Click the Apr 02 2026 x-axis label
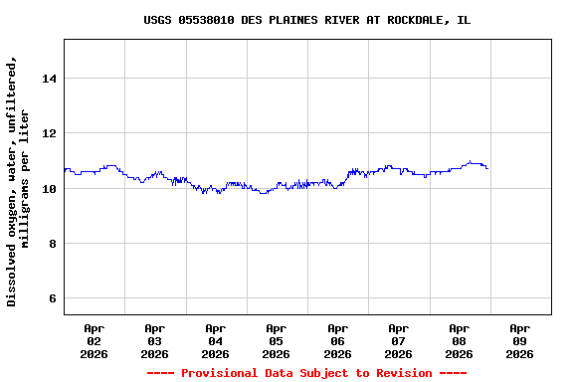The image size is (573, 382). point(94,340)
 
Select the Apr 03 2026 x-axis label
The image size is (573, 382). point(154,340)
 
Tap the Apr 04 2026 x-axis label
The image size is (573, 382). point(215,340)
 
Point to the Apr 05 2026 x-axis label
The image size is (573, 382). point(276,340)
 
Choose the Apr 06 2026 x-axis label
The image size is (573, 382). point(337,340)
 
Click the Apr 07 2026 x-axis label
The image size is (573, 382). point(398,340)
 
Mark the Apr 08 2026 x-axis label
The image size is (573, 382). point(459,340)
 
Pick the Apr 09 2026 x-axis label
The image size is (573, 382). point(519,340)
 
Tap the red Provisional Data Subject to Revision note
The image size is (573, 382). point(306,373)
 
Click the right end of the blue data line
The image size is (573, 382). point(487,168)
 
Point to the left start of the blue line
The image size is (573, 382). point(65,170)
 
